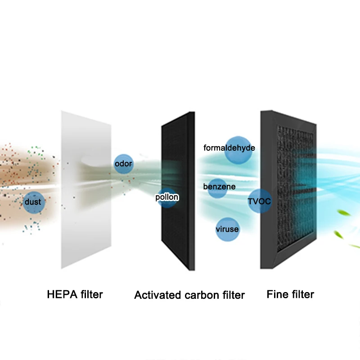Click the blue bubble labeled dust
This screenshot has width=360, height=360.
32,202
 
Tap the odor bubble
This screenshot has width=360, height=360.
123,163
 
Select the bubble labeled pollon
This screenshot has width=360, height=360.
167,198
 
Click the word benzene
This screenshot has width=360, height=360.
219,186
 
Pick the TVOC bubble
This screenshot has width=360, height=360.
260,201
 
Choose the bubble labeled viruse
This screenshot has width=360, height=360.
227,229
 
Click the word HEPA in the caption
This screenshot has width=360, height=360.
61,295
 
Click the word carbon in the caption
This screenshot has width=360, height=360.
203,295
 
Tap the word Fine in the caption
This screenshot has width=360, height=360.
276,294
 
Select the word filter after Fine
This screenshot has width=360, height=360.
301,294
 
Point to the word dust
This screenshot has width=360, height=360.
32,202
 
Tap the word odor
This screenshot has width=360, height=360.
123,163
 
